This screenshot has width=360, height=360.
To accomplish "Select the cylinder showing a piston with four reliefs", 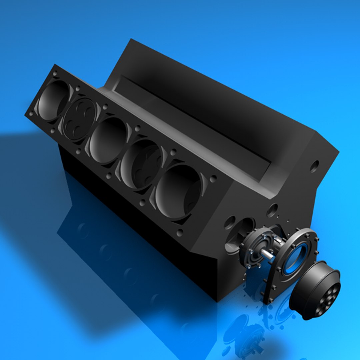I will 79,119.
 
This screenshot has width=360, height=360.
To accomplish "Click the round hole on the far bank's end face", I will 314,166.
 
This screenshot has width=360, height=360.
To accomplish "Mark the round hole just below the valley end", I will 272,210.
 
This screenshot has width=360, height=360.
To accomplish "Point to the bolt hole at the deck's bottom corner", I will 180,232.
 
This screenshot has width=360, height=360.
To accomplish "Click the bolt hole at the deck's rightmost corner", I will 213,178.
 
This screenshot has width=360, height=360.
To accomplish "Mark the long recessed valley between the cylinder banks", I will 193,123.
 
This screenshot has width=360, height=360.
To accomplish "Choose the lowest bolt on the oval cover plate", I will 269,300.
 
